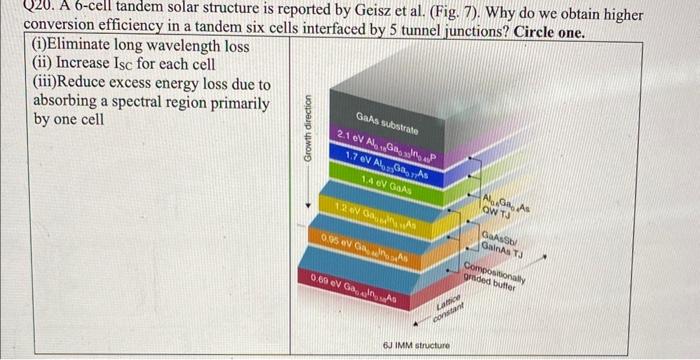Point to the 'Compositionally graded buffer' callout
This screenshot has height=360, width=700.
(x=494, y=277)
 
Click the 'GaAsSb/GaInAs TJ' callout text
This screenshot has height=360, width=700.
(x=500, y=241)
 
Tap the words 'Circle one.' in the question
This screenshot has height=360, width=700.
(x=550, y=30)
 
